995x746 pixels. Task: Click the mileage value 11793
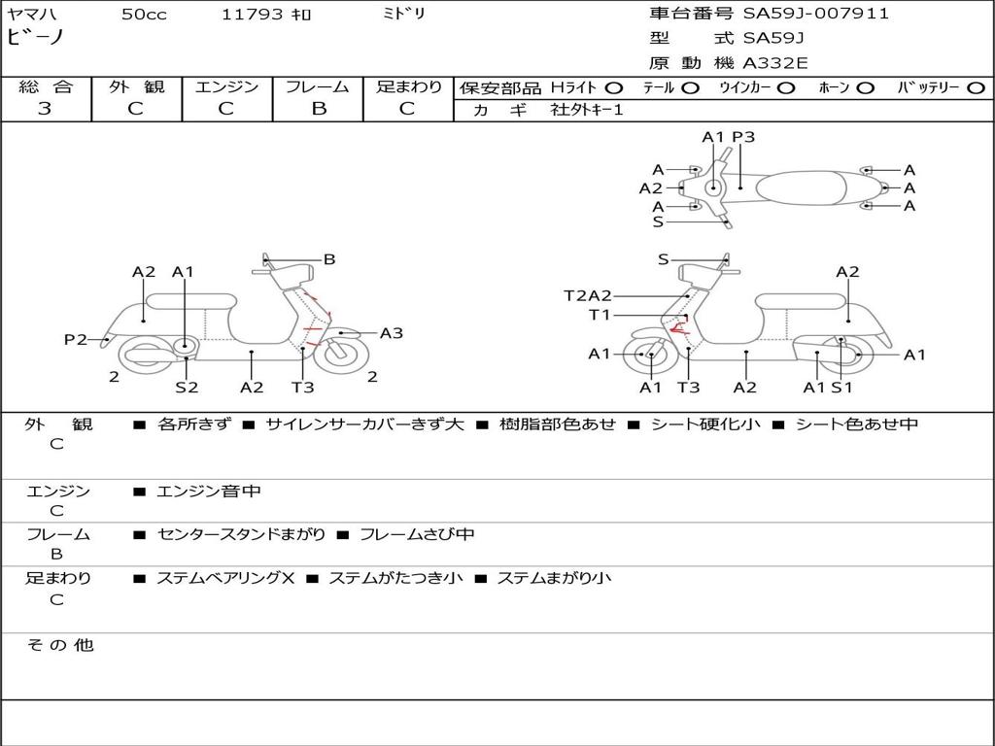coord(253,15)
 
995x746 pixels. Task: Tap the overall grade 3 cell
coord(45,109)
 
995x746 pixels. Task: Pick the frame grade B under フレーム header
coord(319,109)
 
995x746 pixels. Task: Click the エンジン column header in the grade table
coord(226,87)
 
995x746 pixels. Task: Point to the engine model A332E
coord(775,64)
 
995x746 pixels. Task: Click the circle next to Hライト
coord(614,87)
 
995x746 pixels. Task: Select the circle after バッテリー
coord(976,87)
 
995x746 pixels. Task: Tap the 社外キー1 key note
coord(587,110)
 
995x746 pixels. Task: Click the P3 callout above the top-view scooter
coord(743,137)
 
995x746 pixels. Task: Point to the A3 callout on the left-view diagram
coord(392,333)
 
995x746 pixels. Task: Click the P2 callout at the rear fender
coord(76,339)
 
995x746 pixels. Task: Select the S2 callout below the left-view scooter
coord(187,387)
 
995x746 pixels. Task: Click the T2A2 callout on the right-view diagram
coord(588,295)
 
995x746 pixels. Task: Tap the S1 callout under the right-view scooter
coord(841,387)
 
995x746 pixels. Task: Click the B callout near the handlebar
coord(329,259)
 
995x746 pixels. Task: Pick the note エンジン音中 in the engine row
coord(209,492)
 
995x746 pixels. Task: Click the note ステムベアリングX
coord(225,578)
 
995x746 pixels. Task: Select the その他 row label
coord(59,645)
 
